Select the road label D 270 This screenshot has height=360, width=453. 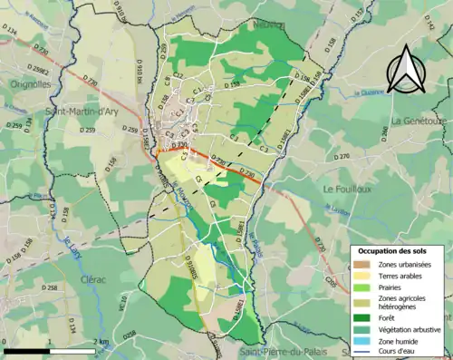[x=342, y=157]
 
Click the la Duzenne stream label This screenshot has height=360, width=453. [x=371, y=92]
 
